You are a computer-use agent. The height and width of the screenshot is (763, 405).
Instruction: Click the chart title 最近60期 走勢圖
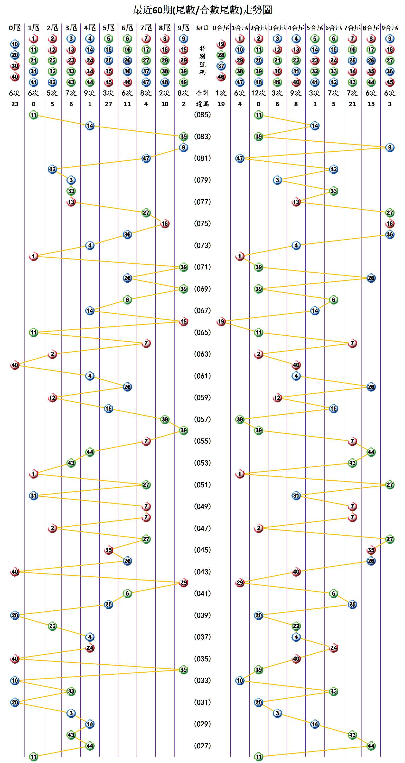(x=202, y=10)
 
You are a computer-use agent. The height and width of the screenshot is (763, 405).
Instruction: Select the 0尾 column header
(x=15, y=28)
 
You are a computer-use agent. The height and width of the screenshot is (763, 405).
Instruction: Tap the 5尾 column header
(x=108, y=28)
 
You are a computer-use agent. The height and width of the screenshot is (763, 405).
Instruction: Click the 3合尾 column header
(x=277, y=28)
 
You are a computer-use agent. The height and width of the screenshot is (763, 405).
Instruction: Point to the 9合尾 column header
(x=390, y=28)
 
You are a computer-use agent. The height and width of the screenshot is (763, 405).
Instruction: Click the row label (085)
(x=202, y=115)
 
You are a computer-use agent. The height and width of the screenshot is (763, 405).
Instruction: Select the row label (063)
(x=202, y=354)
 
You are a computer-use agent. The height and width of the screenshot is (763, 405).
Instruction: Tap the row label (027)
(x=202, y=746)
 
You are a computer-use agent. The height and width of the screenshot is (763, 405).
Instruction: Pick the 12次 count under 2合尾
(x=259, y=93)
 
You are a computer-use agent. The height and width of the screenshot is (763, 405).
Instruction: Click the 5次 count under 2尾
(x=52, y=93)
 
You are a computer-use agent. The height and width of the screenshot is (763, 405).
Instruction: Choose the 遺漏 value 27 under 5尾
(x=108, y=104)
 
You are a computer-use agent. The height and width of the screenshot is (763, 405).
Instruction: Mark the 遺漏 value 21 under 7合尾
(x=352, y=104)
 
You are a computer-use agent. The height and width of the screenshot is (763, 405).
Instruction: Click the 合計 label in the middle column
(x=202, y=93)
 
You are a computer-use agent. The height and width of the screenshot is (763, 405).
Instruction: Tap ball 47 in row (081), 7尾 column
(x=146, y=158)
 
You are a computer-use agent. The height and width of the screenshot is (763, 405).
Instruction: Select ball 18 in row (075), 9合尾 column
(x=390, y=224)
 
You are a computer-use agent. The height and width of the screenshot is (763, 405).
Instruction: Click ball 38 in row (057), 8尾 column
(x=165, y=419)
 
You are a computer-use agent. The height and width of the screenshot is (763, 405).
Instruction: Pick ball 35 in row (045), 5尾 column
(x=108, y=550)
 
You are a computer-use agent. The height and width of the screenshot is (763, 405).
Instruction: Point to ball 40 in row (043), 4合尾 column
(x=296, y=572)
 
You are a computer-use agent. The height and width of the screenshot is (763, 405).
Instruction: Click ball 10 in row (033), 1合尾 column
(x=240, y=680)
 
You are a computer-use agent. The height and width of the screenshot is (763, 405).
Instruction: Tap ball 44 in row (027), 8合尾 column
(x=371, y=746)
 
